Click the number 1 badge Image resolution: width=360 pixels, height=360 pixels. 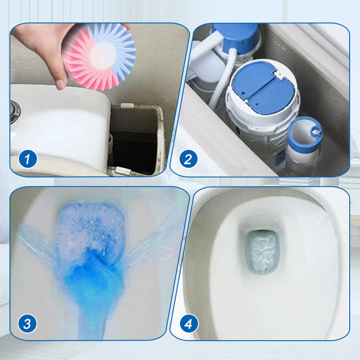(x=27, y=159)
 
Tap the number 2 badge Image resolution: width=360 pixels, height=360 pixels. (x=188, y=159)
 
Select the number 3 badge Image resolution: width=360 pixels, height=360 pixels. (x=27, y=324)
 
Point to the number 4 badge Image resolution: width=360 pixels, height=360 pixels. (x=189, y=324)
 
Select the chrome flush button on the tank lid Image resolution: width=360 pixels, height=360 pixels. (x=15, y=112)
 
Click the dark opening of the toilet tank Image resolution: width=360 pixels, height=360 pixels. (x=135, y=140)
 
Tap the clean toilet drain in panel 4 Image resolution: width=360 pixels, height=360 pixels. (x=262, y=252)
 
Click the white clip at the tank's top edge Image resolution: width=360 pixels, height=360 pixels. (x=127, y=106)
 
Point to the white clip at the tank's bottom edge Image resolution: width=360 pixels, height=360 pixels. (x=123, y=171)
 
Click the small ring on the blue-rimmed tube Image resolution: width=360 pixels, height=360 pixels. (x=315, y=131)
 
